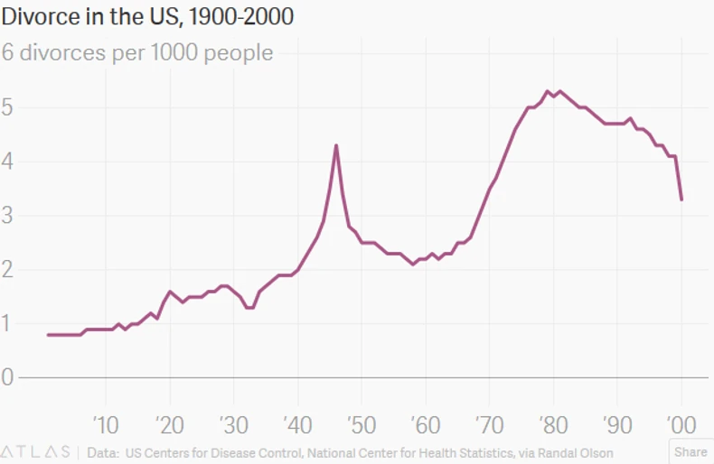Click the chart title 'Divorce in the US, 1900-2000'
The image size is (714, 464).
coord(147,16)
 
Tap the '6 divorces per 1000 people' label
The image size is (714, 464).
coord(137,52)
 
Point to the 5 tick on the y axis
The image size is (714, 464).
coord(8,107)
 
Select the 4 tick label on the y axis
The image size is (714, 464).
coord(8,162)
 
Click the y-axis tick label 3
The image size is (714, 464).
coord(8,216)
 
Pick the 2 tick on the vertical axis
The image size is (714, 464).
coord(8,269)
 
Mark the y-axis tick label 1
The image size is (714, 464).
coord(8,323)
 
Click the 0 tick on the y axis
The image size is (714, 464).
coord(8,377)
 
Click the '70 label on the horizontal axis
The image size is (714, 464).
coord(488,422)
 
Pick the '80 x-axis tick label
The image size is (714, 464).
coord(552,422)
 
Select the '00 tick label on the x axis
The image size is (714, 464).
coord(680,422)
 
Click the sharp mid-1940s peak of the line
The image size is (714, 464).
coord(336,145)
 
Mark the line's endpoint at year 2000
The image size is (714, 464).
coord(681,200)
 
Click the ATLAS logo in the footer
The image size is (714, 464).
coord(36,451)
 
